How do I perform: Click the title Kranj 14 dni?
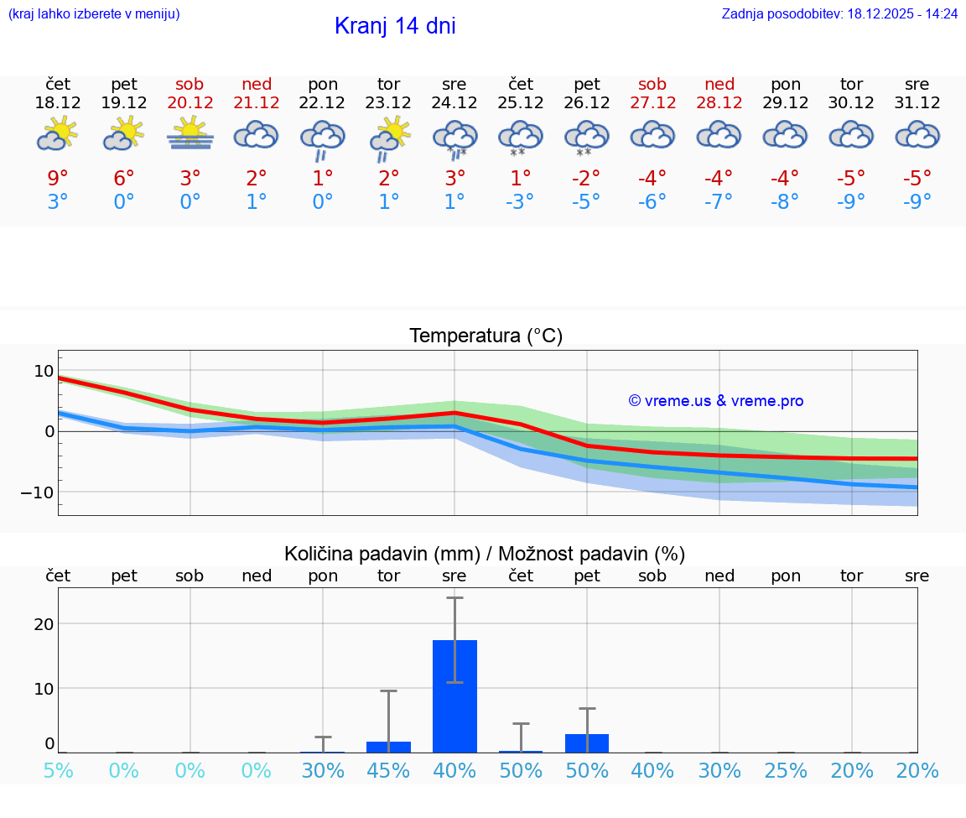tap(395, 26)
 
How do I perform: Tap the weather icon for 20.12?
tap(190, 134)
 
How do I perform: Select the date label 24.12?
tap(454, 103)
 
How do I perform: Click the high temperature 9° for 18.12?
tap(58, 179)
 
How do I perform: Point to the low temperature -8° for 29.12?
tap(786, 202)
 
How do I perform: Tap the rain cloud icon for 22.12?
tap(323, 138)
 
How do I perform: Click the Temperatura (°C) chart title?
tap(486, 336)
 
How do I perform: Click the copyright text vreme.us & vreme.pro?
tap(716, 401)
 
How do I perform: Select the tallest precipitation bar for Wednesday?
tap(454, 696)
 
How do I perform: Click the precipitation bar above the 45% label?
tap(388, 747)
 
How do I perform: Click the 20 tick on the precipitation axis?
tap(44, 624)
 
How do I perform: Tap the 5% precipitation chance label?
tap(58, 771)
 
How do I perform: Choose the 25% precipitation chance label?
tap(786, 771)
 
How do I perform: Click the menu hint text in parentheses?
tap(94, 14)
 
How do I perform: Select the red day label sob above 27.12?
tap(652, 84)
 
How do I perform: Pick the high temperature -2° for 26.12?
tap(586, 179)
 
